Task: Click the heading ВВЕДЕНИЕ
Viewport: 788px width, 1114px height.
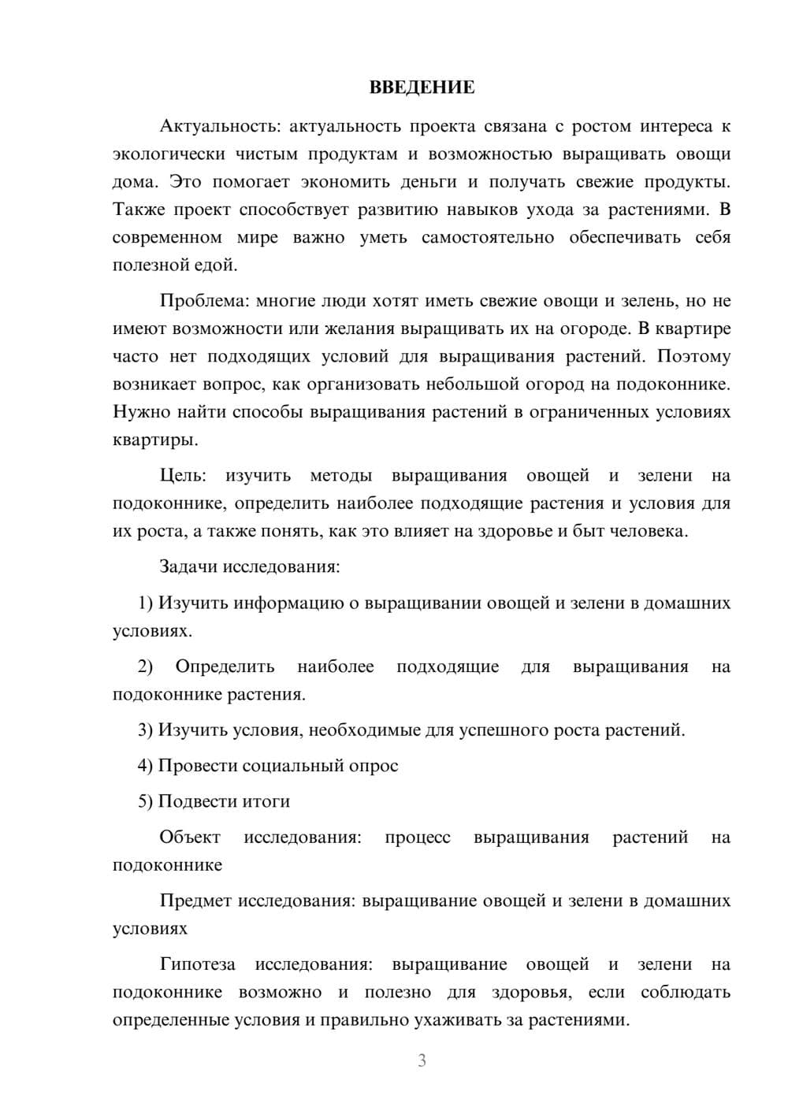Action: pyautogui.click(x=422, y=87)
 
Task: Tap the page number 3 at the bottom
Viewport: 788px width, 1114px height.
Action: pyautogui.click(x=422, y=1060)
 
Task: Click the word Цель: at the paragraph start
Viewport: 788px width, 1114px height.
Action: pyautogui.click(x=183, y=475)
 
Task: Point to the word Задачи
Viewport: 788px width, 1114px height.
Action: pyautogui.click(x=189, y=566)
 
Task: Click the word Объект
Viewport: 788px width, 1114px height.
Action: pyautogui.click(x=190, y=837)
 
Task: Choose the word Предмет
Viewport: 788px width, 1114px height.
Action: pyautogui.click(x=195, y=900)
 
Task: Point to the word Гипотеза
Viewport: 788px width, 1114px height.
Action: pyautogui.click(x=197, y=964)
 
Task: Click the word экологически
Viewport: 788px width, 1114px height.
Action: pyautogui.click(x=168, y=154)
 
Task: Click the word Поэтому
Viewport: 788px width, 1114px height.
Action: pyautogui.click(x=693, y=356)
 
